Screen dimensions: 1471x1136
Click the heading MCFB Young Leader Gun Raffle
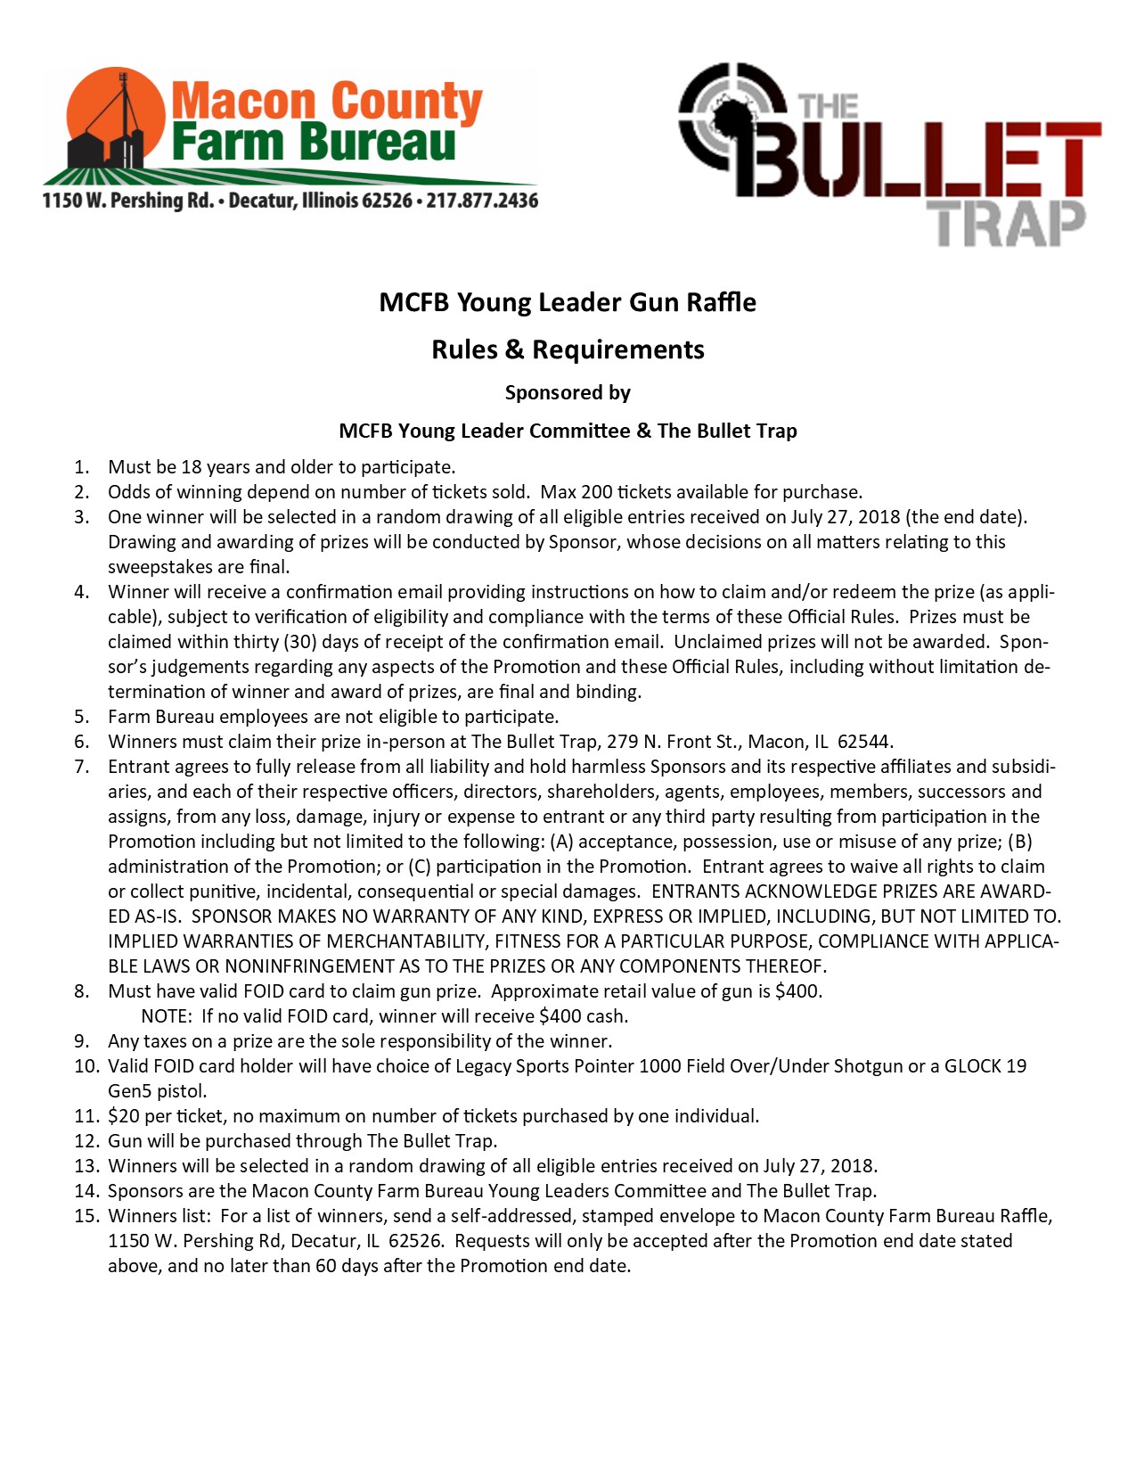(568, 302)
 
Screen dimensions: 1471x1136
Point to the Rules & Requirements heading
(568, 349)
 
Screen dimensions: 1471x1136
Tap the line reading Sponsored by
(568, 393)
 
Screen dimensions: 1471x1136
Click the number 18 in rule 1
(192, 467)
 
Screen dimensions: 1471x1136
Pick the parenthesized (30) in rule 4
(299, 642)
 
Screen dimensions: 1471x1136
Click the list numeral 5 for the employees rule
(81, 717)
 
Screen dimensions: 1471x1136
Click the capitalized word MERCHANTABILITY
(406, 941)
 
